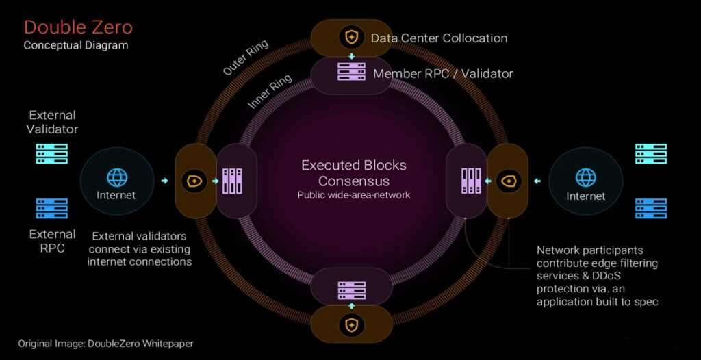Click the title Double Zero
coord(78,27)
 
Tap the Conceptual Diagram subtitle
coord(75,45)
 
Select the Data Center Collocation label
coord(439,38)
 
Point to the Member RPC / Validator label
coord(442,73)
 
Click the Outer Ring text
coord(246,57)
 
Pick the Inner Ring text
coord(270,91)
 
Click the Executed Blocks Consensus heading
coord(354,173)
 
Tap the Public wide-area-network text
coord(353,195)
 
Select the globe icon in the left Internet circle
coord(116,177)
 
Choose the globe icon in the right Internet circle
coord(585,177)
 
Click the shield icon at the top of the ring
coord(351,37)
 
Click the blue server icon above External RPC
coord(51,208)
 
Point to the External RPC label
coord(52,241)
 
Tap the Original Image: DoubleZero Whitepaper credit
coord(110,344)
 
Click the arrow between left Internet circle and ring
coord(164,181)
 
